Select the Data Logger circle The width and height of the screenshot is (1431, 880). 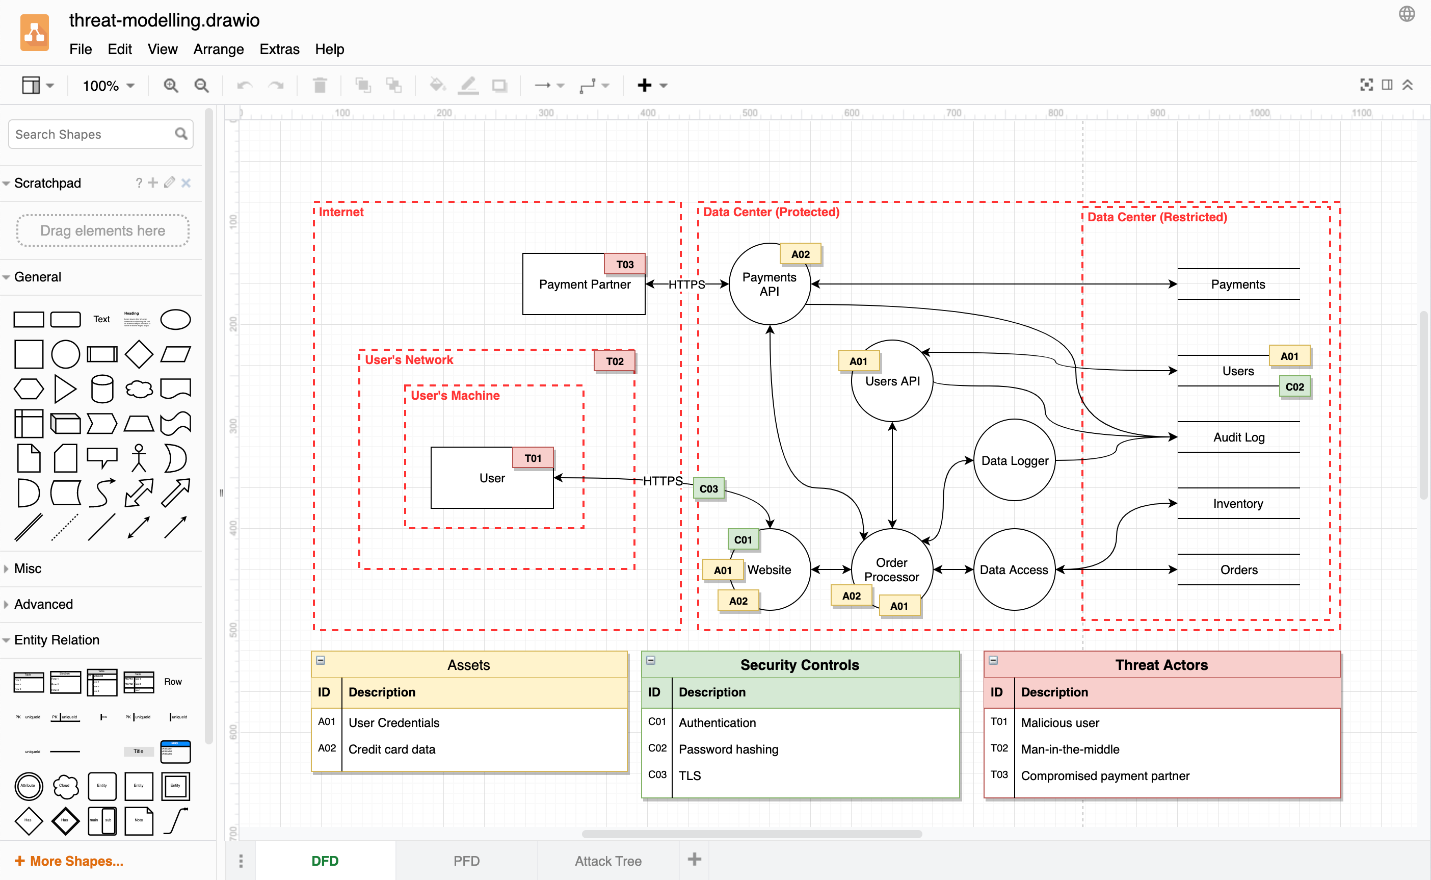click(1014, 460)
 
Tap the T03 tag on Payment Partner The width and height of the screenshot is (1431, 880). click(625, 264)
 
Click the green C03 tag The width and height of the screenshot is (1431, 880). click(708, 489)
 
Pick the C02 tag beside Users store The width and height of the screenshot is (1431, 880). click(1294, 386)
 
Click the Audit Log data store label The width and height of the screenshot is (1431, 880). click(1238, 437)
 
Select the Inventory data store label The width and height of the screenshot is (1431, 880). click(1238, 503)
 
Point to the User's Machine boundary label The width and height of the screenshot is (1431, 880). click(455, 395)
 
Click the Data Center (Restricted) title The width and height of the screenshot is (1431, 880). click(1156, 217)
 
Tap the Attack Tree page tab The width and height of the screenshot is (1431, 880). click(608, 860)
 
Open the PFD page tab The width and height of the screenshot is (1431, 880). click(466, 860)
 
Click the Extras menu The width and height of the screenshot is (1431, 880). click(279, 49)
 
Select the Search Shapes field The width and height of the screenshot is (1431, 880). click(93, 135)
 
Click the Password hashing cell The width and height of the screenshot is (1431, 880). click(728, 749)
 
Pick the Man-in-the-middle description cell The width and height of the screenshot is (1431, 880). click(1070, 749)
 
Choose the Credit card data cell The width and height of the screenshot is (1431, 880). click(391, 749)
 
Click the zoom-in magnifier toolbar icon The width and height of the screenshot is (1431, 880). click(170, 86)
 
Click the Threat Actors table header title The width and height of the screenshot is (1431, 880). click(1161, 665)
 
